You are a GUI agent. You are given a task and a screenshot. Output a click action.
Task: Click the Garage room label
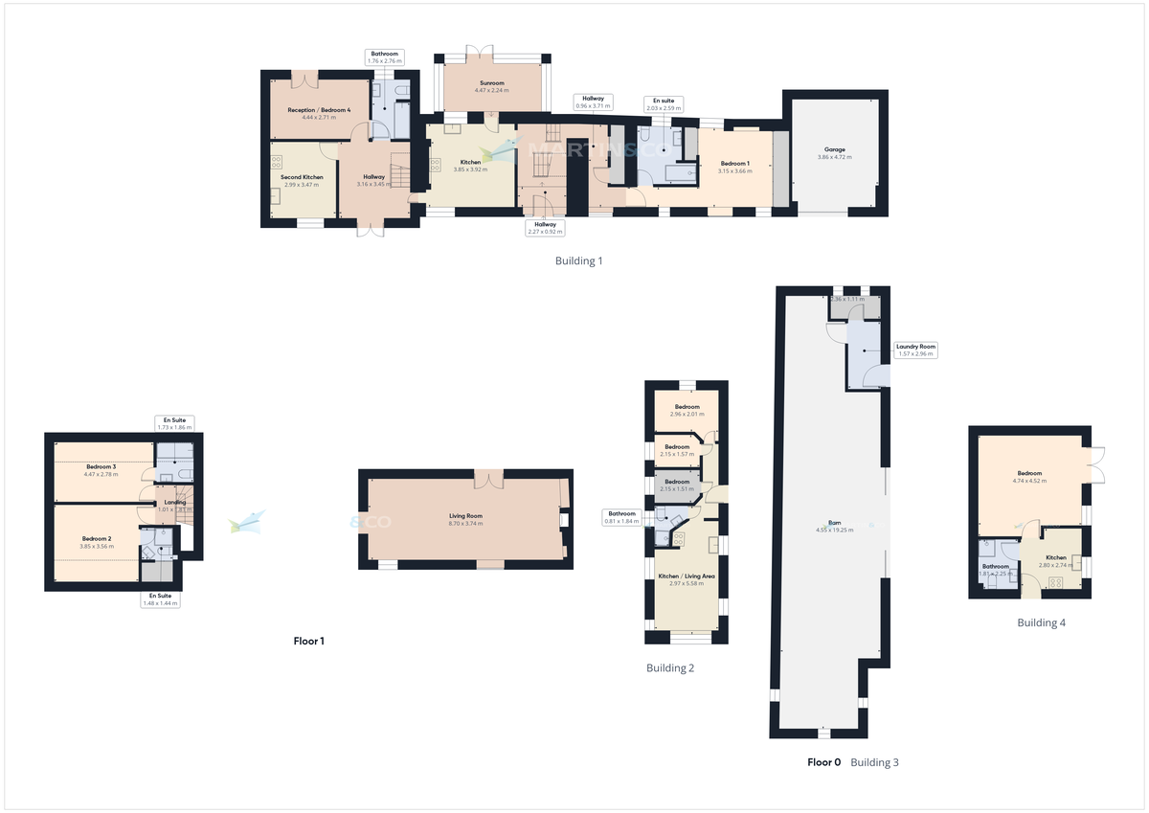[x=834, y=150]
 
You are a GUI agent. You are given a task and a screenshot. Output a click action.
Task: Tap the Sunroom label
[x=493, y=83]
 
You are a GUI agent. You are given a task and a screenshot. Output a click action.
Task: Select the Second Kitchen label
[x=302, y=177]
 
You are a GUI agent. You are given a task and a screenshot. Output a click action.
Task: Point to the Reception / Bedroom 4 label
[x=319, y=110]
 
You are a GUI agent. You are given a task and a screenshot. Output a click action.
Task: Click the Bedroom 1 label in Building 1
[x=734, y=164]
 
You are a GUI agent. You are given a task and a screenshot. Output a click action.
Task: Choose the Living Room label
[x=466, y=516]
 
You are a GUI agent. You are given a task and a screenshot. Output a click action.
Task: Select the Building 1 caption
[x=578, y=260]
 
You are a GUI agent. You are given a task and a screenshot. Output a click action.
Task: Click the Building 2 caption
[x=669, y=667]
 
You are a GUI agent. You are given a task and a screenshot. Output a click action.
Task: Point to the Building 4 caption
[x=1041, y=622]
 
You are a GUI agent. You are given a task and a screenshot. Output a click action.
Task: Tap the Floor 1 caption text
[x=308, y=641]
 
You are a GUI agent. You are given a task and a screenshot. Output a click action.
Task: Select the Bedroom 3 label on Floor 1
[x=100, y=466]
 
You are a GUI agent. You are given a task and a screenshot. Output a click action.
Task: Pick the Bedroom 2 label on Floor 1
[x=97, y=539]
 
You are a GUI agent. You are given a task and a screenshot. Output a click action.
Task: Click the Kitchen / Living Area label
[x=686, y=576]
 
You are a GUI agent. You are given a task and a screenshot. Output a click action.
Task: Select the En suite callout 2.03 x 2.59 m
[x=663, y=104]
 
